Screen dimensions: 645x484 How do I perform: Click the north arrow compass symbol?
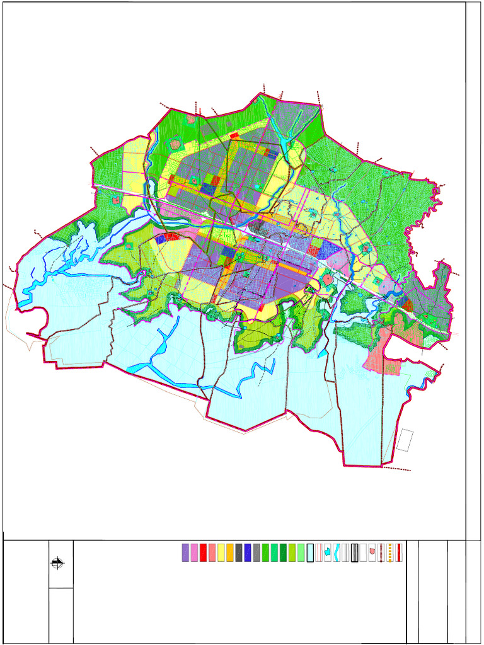58,564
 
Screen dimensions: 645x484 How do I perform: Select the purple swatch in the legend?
185,552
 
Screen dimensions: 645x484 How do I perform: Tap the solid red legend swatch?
204,552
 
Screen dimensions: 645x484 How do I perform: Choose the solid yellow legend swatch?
221,552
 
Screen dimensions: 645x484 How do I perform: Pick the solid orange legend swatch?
230,552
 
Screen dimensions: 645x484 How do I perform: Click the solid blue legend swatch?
248,552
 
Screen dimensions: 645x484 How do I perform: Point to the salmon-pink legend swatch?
212,552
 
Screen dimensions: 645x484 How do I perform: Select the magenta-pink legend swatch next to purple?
194,552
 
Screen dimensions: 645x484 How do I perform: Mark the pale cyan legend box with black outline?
310,552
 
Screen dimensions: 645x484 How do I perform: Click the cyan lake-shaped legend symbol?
328,552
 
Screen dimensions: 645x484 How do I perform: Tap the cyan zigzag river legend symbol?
337,552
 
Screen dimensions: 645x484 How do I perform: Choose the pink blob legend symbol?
372,552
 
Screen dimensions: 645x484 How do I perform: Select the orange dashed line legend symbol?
390,552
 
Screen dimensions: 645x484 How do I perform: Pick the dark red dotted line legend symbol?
381,552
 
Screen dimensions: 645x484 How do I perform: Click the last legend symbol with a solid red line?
399,552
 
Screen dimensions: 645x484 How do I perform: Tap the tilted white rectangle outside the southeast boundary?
405,440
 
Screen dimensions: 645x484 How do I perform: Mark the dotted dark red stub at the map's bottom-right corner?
397,469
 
